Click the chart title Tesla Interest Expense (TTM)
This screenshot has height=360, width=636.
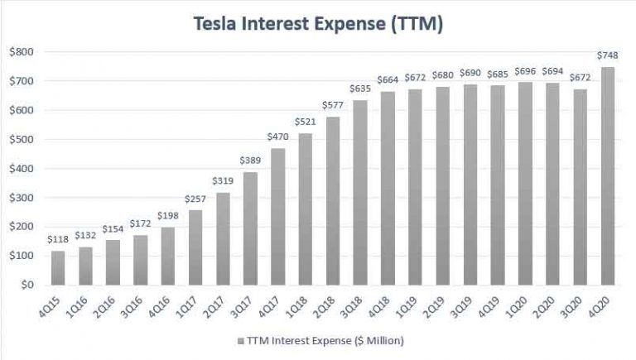(318, 25)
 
